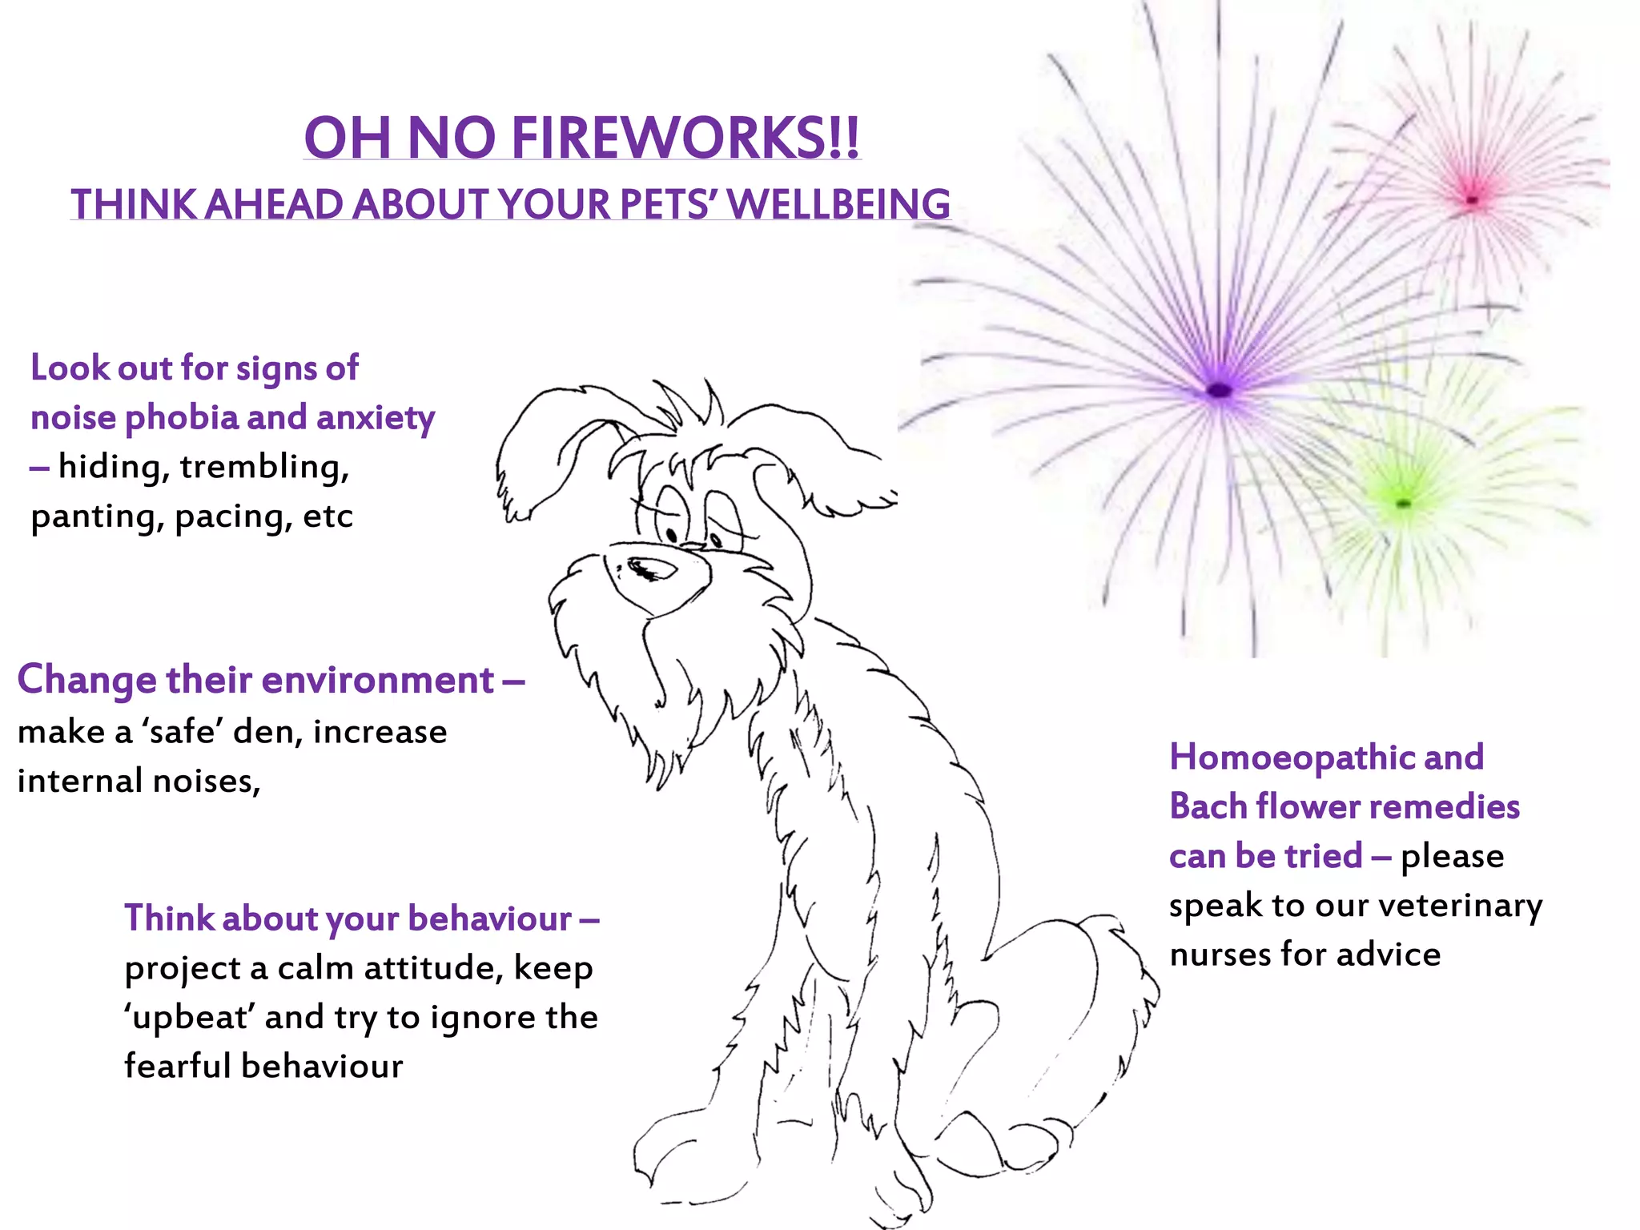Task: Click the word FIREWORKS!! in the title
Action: click(685, 138)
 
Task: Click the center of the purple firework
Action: click(1219, 390)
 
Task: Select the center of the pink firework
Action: click(1472, 199)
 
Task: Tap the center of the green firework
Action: click(1403, 503)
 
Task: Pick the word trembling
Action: click(264, 467)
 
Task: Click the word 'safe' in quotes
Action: click(183, 731)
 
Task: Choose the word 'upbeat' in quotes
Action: click(190, 1018)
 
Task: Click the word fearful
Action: click(178, 1067)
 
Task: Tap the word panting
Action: click(98, 517)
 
